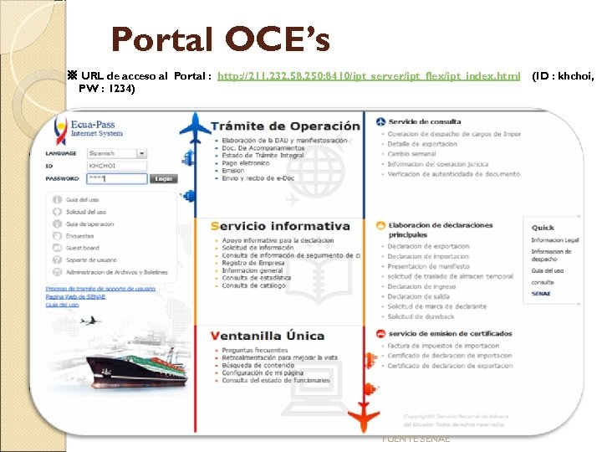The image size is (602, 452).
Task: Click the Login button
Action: pos(163,178)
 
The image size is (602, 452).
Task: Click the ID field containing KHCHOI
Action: pos(116,166)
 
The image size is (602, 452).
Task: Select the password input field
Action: pos(116,178)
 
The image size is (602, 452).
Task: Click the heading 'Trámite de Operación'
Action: pos(285,126)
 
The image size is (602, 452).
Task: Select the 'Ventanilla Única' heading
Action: pos(268,336)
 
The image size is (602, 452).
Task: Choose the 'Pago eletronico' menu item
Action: pos(245,162)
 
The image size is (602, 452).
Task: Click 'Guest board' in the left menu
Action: pos(82,248)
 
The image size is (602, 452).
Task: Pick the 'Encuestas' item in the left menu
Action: pos(79,236)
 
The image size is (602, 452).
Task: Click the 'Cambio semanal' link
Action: pos(411,154)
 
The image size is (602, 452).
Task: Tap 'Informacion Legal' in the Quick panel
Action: pos(554,240)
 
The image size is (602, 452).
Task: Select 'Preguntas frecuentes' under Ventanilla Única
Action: pos(255,350)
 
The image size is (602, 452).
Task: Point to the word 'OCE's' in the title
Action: pos(276,39)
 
